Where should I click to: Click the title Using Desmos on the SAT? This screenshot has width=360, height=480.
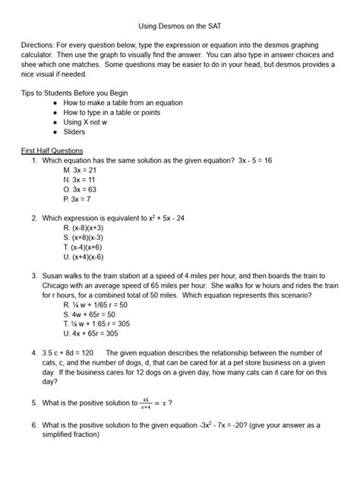(x=179, y=24)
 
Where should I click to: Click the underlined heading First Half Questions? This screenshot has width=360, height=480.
(x=52, y=150)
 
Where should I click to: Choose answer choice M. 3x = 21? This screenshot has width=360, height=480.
(x=81, y=171)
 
